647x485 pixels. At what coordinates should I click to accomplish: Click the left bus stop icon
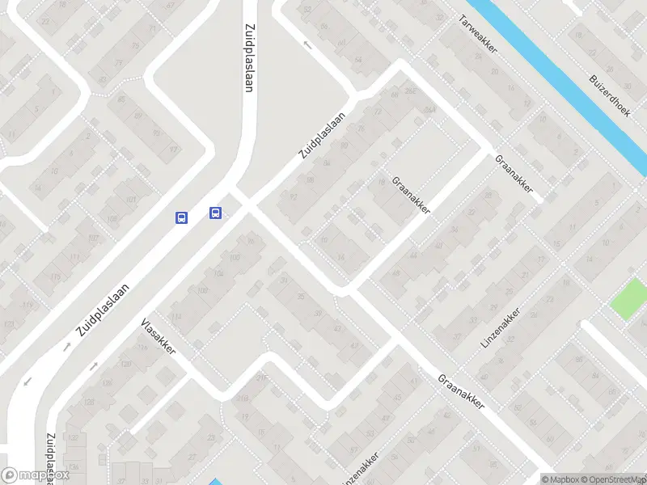pos(182,217)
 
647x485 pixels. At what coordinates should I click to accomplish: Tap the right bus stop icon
pos(216,213)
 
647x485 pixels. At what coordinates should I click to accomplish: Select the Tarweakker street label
pos(477,35)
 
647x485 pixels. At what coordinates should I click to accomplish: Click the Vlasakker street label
pos(158,337)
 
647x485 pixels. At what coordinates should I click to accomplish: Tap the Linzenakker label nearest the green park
pos(501,328)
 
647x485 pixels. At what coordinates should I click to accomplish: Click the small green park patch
pos(629,298)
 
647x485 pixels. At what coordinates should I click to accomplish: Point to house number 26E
pos(410,90)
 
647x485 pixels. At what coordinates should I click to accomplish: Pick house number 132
pos(74,437)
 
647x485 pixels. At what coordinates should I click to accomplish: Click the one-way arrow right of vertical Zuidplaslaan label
pos(307,44)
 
